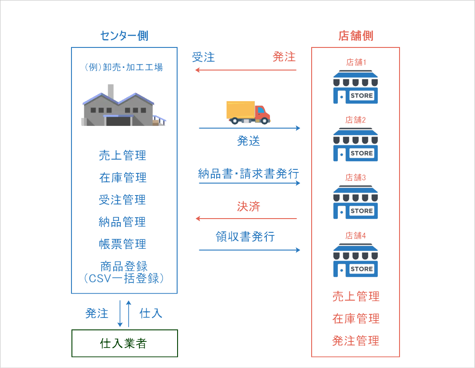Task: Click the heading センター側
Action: (x=124, y=36)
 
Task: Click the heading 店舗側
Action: (x=356, y=36)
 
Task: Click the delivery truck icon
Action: (x=248, y=112)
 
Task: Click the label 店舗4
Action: (x=356, y=235)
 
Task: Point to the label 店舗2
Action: (x=356, y=120)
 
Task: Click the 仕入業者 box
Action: (x=124, y=343)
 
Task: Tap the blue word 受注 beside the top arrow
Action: (x=203, y=57)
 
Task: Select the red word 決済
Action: (x=248, y=207)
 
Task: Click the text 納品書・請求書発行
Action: (x=248, y=173)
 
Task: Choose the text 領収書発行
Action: (x=245, y=236)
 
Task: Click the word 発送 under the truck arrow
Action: (x=248, y=141)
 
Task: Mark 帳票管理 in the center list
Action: (x=123, y=244)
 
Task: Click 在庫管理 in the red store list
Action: (x=356, y=318)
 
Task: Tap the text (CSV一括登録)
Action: (x=124, y=279)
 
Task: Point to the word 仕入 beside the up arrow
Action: (x=151, y=313)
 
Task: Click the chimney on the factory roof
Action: (x=111, y=91)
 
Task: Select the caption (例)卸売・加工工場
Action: (x=124, y=67)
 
